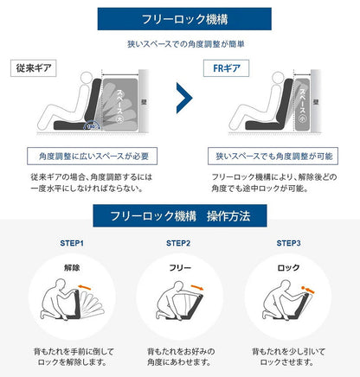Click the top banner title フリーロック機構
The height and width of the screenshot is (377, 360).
(179, 18)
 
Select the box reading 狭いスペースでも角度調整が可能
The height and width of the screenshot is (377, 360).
(271, 157)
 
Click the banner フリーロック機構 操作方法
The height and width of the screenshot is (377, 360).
(179, 215)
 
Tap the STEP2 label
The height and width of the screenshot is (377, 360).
(179, 244)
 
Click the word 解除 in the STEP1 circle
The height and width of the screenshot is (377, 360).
(71, 269)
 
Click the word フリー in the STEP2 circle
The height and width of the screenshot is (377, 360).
(179, 269)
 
